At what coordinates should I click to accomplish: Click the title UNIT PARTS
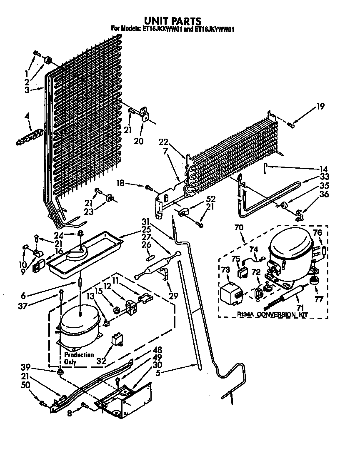(172, 20)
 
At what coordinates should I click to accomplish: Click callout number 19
(320, 106)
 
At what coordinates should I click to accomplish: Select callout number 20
(138, 141)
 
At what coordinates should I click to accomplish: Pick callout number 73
(225, 271)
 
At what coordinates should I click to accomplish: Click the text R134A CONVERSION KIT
(272, 315)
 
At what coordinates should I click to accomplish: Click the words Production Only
(79, 358)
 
